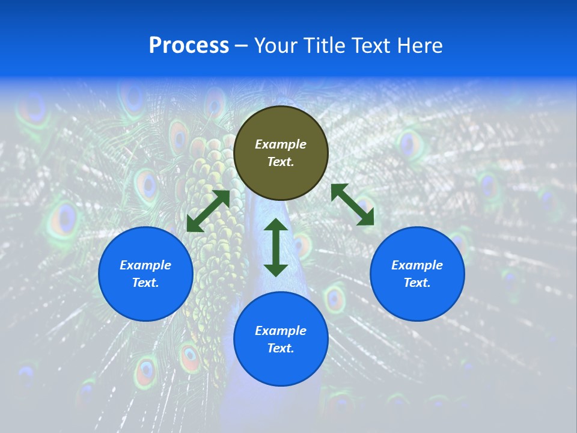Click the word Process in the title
point(189,46)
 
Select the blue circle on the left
point(145,301)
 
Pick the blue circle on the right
point(417,301)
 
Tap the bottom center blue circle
point(281,367)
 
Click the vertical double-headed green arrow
point(276,247)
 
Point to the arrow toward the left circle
point(208,211)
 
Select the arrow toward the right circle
point(353,204)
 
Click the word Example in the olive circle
point(281,144)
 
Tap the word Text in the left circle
point(145,283)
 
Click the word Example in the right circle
point(417,265)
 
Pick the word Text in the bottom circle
point(281,348)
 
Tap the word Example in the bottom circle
point(281,331)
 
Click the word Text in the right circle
point(417,283)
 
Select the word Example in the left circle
point(145,265)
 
